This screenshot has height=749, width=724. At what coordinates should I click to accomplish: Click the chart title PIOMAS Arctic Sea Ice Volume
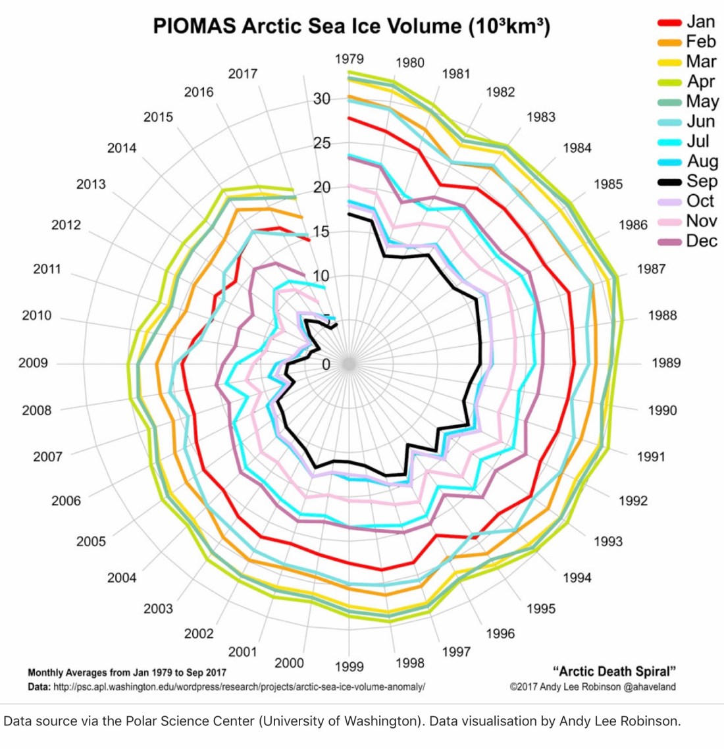pos(351,26)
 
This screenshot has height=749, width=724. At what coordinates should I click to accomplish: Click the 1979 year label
pos(349,59)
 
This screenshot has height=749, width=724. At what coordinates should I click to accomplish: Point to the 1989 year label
pos(666,363)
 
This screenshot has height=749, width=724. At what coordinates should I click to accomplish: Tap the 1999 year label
pos(349,667)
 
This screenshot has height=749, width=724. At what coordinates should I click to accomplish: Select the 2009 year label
pos(33,363)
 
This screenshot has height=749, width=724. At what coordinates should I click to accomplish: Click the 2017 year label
pos(242,74)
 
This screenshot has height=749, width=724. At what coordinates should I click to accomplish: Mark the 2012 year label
pos(66,225)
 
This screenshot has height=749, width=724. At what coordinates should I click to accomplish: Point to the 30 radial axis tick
pos(322,99)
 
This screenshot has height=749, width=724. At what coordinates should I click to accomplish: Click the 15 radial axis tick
pos(322,232)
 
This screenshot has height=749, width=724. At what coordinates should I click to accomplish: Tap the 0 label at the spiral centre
pos(326,364)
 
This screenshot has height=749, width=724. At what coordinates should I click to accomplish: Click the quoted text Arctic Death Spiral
pos(615,671)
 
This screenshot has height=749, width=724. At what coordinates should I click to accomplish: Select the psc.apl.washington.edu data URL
pos(238,686)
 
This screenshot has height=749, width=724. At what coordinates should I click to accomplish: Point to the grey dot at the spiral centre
pos(349,363)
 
